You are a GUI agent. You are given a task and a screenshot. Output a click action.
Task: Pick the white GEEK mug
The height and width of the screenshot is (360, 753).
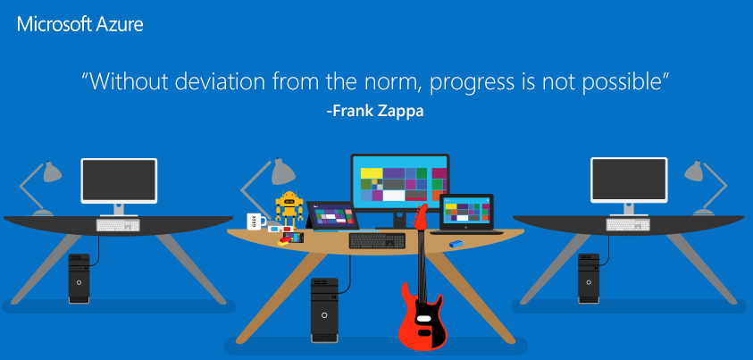[x=257, y=222]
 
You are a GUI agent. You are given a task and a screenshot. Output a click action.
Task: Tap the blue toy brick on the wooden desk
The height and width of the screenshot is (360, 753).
[x=456, y=244]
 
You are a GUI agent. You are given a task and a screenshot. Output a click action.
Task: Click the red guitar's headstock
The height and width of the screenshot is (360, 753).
[x=421, y=216]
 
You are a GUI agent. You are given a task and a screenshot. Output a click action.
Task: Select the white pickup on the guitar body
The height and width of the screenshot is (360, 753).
[x=423, y=318]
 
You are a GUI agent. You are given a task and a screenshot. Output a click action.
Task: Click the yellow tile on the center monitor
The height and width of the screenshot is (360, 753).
[x=368, y=172]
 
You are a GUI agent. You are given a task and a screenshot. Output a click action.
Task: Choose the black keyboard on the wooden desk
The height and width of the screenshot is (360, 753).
[x=377, y=240]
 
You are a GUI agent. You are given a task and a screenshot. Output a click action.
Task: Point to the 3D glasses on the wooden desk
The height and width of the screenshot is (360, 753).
[x=281, y=229]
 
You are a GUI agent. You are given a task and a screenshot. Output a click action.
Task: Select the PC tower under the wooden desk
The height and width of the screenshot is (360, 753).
[x=324, y=310]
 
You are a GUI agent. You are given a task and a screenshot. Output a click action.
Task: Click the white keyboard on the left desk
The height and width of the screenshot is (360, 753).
[x=118, y=225]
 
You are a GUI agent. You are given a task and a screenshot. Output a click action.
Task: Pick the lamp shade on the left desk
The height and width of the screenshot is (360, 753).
[x=52, y=172]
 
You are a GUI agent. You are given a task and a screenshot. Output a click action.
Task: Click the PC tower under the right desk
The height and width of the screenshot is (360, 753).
[x=589, y=279]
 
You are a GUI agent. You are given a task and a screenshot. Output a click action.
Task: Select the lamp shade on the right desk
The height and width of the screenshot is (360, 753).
[x=694, y=172]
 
